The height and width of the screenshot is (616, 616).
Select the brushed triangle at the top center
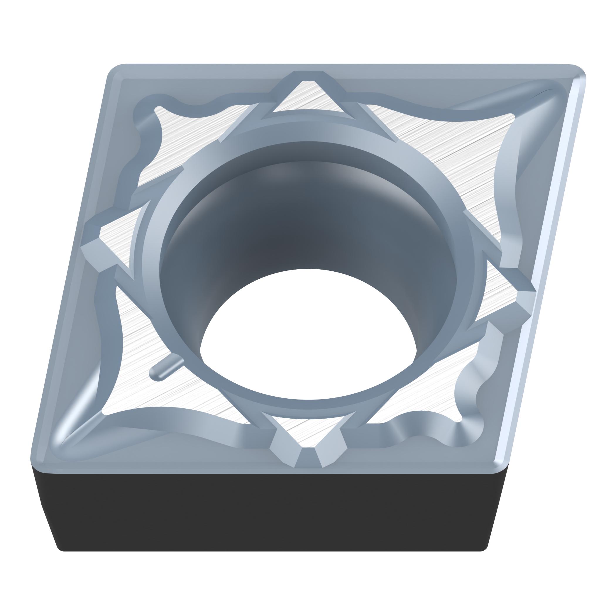pyautogui.click(x=308, y=99)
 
